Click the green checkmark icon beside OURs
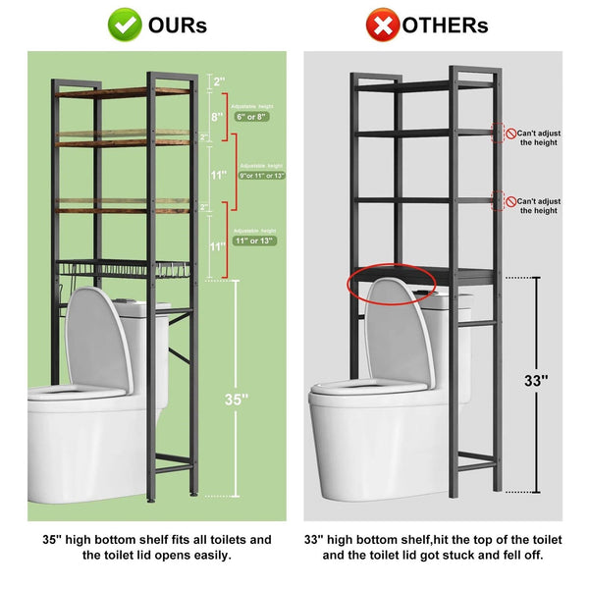pos(124,24)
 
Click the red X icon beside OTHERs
pos(382,24)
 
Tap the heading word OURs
pos(178,25)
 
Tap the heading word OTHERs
pos(447,25)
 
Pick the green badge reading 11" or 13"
pos(254,240)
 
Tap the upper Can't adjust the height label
pos(540,136)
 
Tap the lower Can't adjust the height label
pos(540,204)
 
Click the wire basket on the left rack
pos(123,269)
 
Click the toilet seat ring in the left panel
pos(74,393)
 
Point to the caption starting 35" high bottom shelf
pos(156,547)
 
